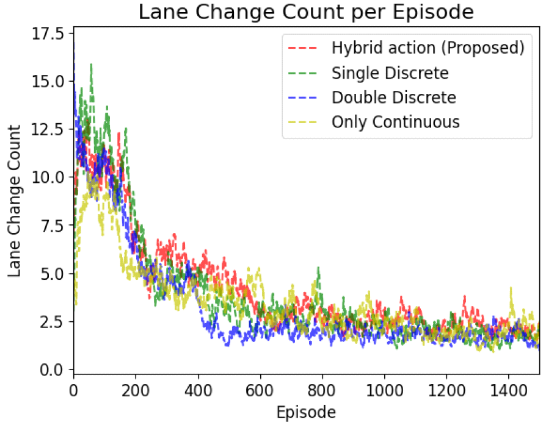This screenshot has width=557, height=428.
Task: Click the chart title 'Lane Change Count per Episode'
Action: point(306,12)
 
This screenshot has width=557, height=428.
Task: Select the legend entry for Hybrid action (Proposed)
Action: point(428,48)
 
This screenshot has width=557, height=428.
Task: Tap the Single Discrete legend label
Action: point(390,73)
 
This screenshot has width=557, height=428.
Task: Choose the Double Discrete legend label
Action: point(393,98)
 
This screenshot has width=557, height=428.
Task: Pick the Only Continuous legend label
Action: point(395,122)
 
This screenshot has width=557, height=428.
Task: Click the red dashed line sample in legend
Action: point(303,48)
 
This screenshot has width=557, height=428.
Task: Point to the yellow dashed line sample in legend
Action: point(303,123)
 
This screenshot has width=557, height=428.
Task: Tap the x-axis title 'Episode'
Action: point(306,413)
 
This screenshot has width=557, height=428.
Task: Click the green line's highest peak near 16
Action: point(91,64)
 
